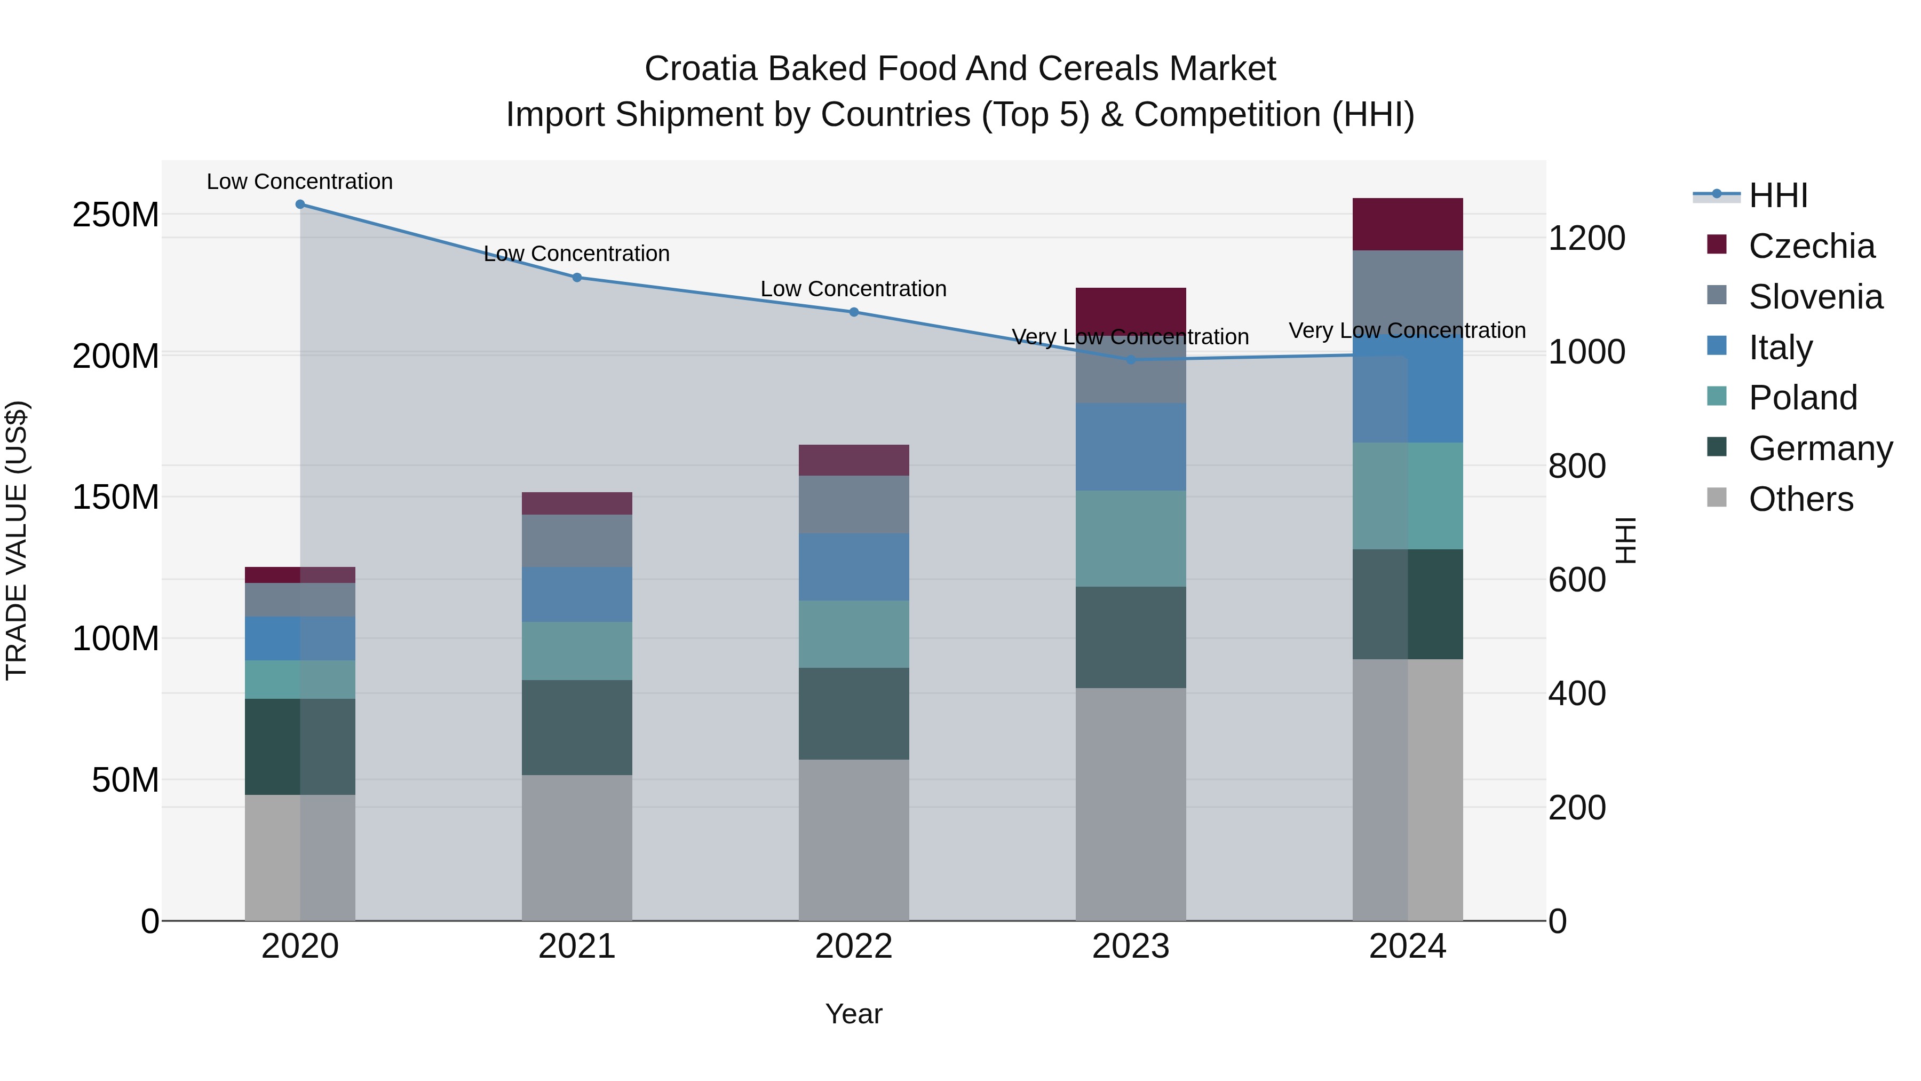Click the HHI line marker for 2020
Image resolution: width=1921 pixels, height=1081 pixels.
click(x=300, y=204)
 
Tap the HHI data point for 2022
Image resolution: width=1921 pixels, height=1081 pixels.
click(x=854, y=312)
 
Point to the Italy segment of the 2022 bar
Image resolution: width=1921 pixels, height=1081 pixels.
click(x=854, y=566)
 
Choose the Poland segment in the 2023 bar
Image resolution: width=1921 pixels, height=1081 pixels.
click(x=1131, y=538)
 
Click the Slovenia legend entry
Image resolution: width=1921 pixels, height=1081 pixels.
click(x=1815, y=297)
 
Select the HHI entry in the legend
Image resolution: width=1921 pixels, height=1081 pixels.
click(x=1778, y=195)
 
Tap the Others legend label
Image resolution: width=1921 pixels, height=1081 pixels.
click(x=1800, y=499)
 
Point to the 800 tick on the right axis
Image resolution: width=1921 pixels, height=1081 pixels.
click(x=1576, y=466)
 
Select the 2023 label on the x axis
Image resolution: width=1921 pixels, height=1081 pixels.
click(x=1131, y=946)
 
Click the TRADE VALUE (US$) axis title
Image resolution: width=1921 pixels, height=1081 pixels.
click(x=17, y=540)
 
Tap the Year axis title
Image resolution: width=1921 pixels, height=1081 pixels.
click(x=854, y=1014)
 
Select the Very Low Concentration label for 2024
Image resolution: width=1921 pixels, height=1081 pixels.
click(x=1407, y=330)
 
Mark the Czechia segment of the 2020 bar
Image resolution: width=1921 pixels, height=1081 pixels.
click(x=300, y=574)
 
